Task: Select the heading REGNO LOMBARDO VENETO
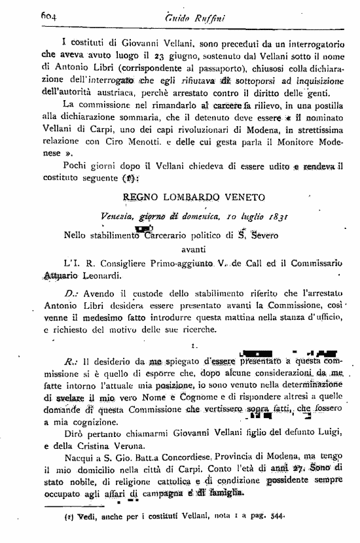tap(194, 197)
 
